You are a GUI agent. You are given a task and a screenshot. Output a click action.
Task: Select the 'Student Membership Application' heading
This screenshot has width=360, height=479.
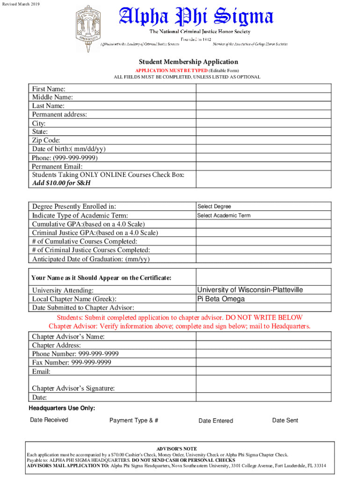click(188, 62)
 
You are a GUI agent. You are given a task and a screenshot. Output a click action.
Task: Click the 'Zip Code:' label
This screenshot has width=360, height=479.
click(46, 140)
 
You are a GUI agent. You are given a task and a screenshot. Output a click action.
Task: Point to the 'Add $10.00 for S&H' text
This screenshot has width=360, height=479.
click(61, 183)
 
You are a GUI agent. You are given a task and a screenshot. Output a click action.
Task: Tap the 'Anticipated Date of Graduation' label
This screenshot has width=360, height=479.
click(91, 259)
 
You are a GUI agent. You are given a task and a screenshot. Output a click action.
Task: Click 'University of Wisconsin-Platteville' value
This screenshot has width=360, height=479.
click(250, 290)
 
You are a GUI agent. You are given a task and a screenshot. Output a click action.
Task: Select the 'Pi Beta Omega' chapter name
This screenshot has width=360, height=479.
click(221, 299)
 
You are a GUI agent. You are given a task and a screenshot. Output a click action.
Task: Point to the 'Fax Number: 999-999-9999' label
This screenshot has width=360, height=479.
click(72, 363)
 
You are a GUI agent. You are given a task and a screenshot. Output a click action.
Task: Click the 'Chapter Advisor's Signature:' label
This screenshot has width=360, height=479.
click(73, 388)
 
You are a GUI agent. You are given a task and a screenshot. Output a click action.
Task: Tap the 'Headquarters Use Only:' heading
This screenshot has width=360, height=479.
click(62, 408)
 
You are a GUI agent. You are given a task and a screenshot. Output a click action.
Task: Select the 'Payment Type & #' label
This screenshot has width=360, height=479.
click(134, 421)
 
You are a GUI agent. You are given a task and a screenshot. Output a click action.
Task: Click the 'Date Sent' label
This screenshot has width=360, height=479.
click(285, 421)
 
